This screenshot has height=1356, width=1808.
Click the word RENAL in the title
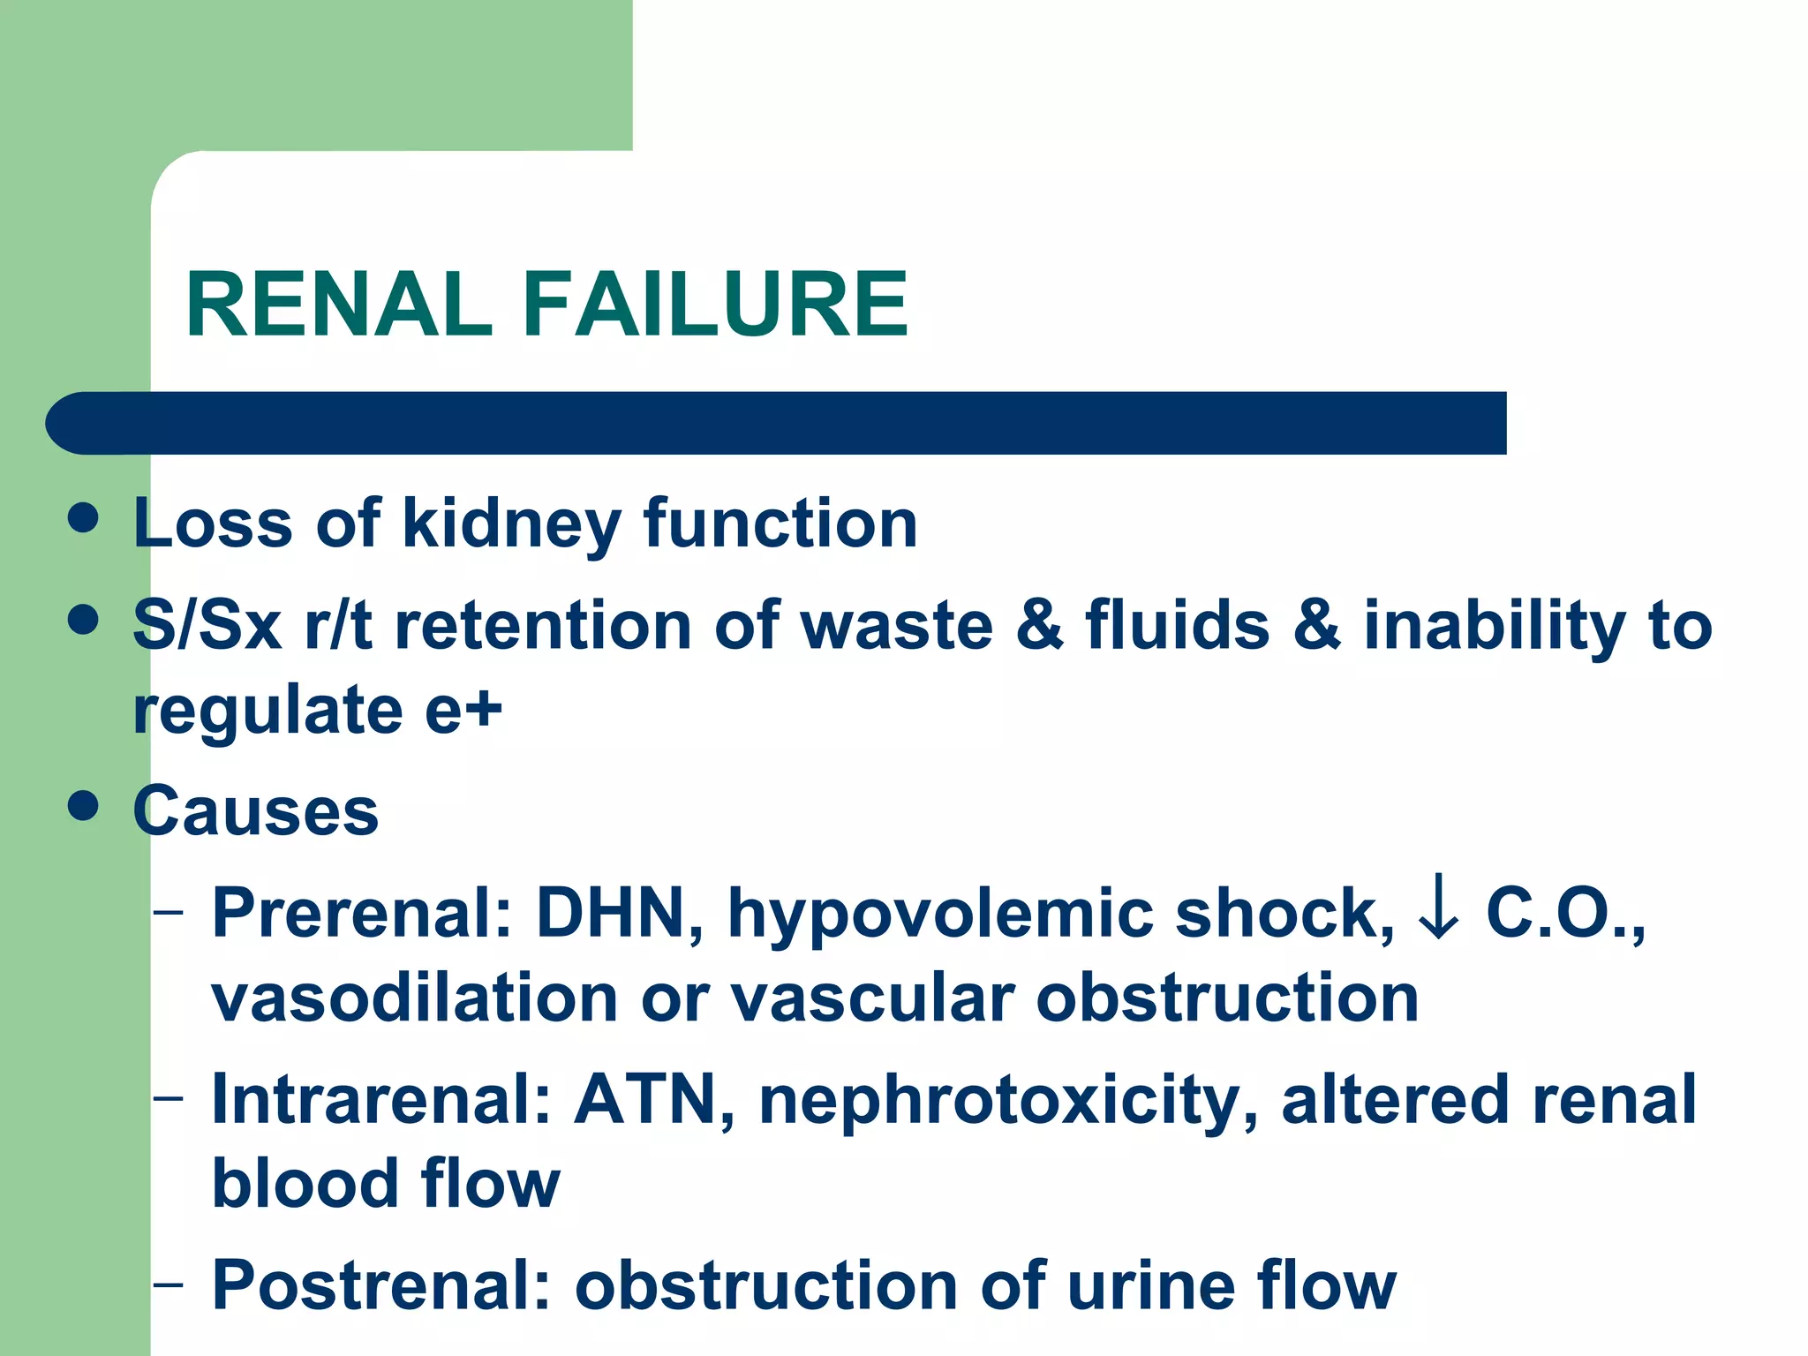339,305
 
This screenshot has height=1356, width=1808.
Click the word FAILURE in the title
715,305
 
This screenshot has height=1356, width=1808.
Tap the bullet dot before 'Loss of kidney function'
83,518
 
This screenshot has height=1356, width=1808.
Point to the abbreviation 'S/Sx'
207,625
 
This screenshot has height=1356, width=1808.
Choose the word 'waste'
897,625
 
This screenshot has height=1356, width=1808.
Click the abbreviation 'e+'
463,711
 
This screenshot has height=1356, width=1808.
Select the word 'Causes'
256,811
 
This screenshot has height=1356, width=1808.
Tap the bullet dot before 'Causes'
83,805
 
